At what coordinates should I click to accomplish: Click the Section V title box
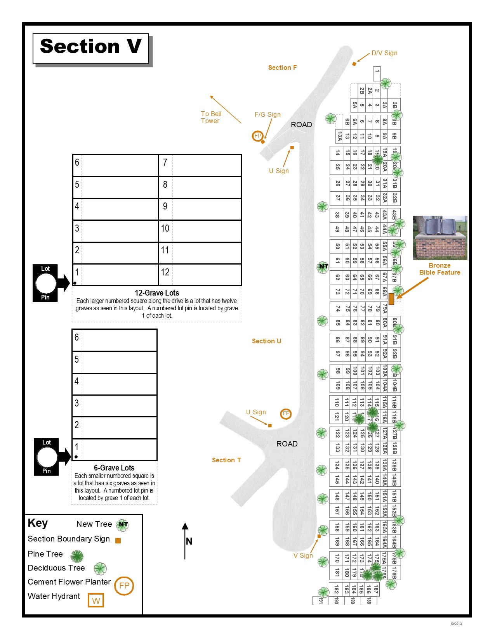point(91,48)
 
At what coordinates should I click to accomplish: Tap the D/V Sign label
point(384,53)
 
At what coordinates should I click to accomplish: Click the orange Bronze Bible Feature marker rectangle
point(391,299)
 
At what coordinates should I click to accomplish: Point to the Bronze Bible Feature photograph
point(440,238)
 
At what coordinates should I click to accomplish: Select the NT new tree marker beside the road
point(323,266)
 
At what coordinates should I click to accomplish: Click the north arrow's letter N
point(189,541)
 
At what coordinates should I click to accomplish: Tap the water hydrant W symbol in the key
point(96,600)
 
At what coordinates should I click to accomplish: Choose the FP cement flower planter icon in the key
point(124,586)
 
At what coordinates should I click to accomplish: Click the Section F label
point(282,67)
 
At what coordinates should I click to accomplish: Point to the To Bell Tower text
point(211,117)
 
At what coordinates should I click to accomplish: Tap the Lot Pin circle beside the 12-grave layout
point(46,283)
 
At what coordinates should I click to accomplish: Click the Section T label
point(226,460)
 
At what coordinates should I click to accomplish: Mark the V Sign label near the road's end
point(303,555)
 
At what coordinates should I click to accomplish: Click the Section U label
point(266,341)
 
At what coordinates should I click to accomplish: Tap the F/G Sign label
point(267,114)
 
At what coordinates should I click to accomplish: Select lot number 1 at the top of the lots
point(377,73)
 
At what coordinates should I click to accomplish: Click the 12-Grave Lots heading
point(157,293)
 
